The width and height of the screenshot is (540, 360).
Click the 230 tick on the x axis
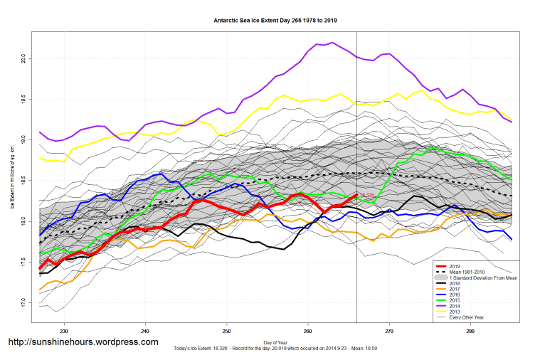pos(64,332)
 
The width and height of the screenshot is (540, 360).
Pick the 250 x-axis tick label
pos(227,332)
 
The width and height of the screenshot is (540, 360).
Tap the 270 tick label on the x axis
pos(389,332)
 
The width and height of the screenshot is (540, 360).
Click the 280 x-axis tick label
pos(470,332)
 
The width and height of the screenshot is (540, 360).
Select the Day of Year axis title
pos(275,342)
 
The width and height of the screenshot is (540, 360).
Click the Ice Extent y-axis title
pos(12,179)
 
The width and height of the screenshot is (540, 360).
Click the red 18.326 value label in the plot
pos(366,195)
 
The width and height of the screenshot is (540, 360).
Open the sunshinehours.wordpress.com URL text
pos(83,342)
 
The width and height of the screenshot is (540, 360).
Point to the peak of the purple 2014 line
pos(333,43)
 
